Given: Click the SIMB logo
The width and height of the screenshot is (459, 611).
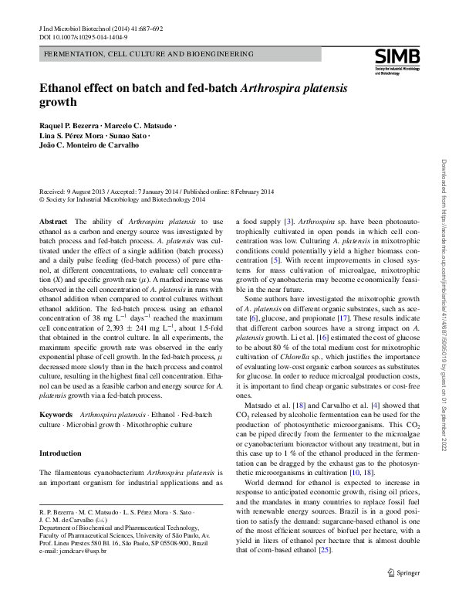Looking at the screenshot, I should coord(397,57).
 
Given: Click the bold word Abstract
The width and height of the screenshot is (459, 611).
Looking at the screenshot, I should coord(52,222).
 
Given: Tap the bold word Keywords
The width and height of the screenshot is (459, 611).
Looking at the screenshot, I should coord(56,415).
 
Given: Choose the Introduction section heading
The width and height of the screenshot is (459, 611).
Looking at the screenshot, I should coord(61,453).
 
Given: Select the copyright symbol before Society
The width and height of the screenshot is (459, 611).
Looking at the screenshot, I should coord(42,199).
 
